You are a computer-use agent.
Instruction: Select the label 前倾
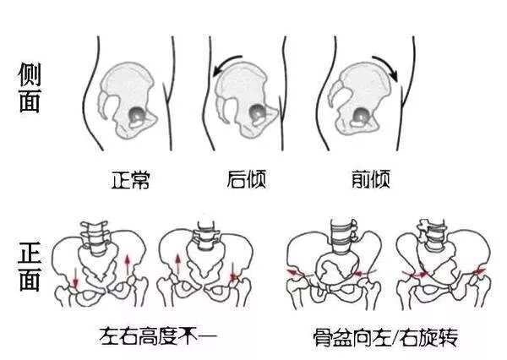pos(369,179)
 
